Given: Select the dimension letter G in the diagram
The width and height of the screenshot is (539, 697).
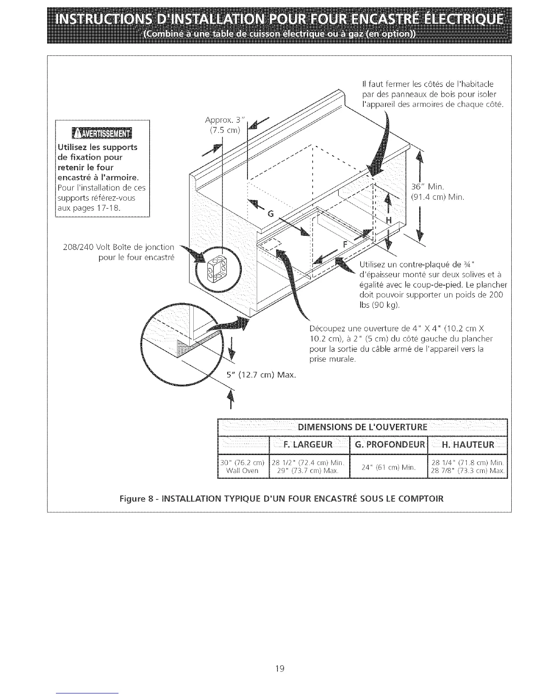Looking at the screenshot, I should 271,214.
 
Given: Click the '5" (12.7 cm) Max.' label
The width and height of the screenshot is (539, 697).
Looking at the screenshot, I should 261,375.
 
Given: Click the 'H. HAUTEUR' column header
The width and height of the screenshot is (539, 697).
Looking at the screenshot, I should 468,444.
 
